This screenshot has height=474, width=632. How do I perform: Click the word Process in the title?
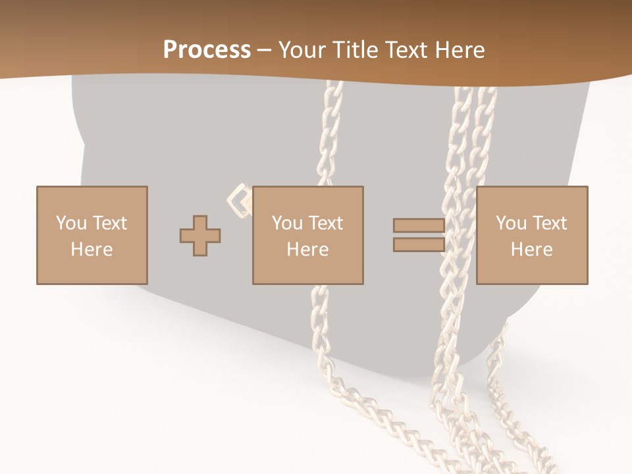207,50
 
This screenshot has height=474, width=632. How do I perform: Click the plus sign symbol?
200,236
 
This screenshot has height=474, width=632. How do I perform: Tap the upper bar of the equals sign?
419,226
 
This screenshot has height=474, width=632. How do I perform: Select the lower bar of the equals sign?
419,245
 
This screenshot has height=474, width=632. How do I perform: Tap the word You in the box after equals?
510,223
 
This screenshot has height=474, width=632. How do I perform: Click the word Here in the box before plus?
92,250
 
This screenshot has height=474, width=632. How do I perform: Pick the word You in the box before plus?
70,223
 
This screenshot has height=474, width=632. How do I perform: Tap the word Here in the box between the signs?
307,250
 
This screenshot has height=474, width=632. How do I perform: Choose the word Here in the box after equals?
531,250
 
